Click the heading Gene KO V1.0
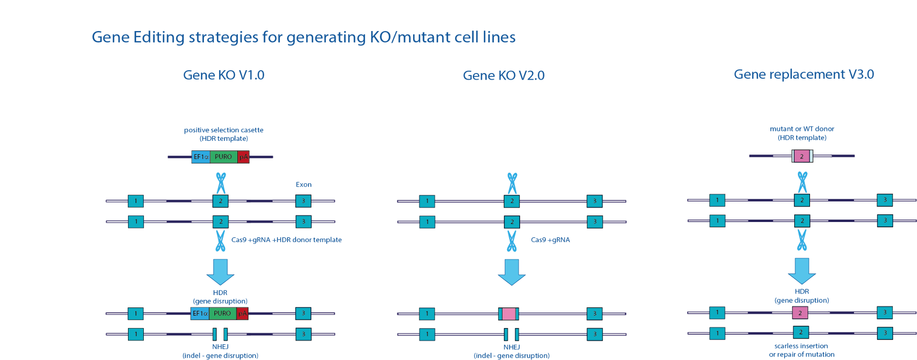[x=224, y=75]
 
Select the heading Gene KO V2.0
[x=503, y=76]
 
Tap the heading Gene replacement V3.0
[x=804, y=74]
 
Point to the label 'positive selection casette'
[x=224, y=130]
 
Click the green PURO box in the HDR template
[x=224, y=157]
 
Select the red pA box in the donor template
[x=244, y=157]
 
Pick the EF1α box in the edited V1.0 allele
[x=200, y=313]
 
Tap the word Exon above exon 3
[x=303, y=185]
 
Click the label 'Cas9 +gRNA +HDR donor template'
[x=287, y=240]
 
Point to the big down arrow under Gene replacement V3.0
[x=802, y=271]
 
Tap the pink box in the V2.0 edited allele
[x=509, y=314]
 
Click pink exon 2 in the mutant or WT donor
[x=802, y=156]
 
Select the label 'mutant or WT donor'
[x=802, y=129]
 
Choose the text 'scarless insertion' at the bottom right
[x=801, y=346]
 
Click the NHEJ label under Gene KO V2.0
[x=512, y=347]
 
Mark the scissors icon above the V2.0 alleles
[x=512, y=183]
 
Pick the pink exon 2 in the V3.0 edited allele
[x=800, y=313]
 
